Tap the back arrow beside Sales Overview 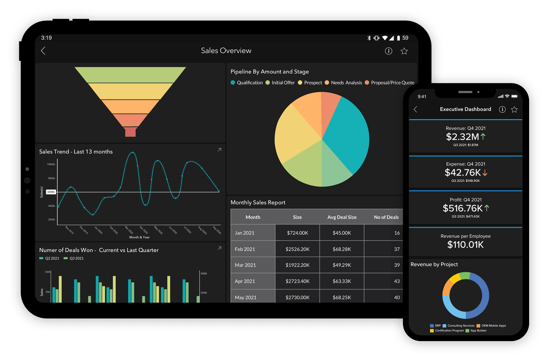click(43, 51)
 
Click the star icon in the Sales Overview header click(404, 51)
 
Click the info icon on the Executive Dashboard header click(502, 110)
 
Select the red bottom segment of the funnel click(130, 132)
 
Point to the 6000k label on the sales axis click(51, 192)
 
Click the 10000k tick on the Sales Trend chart click(51, 164)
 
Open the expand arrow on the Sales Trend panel click(219, 150)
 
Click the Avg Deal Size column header click(342, 217)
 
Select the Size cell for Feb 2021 click(297, 249)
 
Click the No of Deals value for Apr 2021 click(396, 281)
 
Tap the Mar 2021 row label click(245, 265)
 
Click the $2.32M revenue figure click(462, 137)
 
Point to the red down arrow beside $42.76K click(485, 173)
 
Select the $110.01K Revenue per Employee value click(465, 245)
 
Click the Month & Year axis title click(139, 237)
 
